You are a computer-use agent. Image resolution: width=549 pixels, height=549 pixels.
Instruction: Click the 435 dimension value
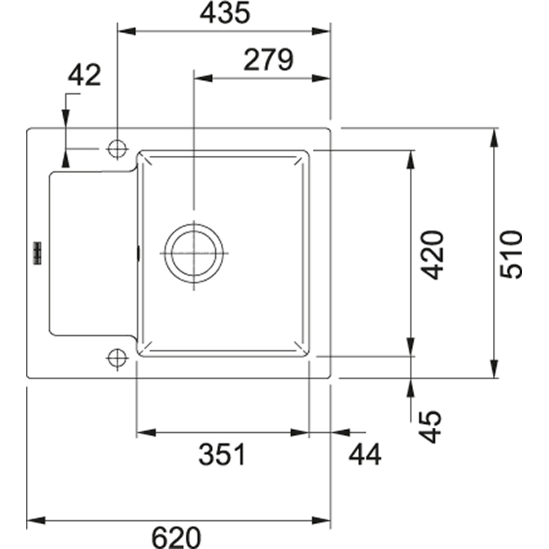click(225, 13)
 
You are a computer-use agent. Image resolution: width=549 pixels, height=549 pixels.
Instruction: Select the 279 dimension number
click(269, 60)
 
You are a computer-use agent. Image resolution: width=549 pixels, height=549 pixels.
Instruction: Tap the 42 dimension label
click(84, 75)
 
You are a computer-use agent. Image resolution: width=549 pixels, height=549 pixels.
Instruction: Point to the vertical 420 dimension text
click(432, 255)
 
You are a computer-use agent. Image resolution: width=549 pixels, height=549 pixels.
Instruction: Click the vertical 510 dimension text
click(511, 255)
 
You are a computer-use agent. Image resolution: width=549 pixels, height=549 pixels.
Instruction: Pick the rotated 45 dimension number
click(430, 427)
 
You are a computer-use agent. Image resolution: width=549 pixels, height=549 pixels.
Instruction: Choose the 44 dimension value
click(365, 455)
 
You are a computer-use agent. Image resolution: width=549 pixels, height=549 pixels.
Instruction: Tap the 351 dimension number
click(222, 455)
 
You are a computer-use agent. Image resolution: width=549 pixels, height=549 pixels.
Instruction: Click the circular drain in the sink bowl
click(193, 253)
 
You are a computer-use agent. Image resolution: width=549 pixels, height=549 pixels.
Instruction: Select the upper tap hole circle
click(117, 149)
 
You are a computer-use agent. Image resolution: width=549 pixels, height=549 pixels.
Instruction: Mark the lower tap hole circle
click(117, 357)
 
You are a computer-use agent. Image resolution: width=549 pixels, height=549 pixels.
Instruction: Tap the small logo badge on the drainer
click(38, 253)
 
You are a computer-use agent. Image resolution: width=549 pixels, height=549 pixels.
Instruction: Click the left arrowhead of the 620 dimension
click(36, 520)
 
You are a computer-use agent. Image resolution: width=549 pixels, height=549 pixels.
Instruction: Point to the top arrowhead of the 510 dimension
click(493, 138)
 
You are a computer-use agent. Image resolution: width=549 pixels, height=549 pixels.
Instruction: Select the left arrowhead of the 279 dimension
click(203, 78)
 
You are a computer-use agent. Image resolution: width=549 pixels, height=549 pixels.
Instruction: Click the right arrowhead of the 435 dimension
click(320, 31)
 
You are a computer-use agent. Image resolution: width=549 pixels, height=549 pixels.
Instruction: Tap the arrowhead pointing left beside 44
click(340, 432)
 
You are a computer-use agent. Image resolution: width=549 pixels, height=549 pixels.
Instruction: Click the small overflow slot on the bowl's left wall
click(138, 253)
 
